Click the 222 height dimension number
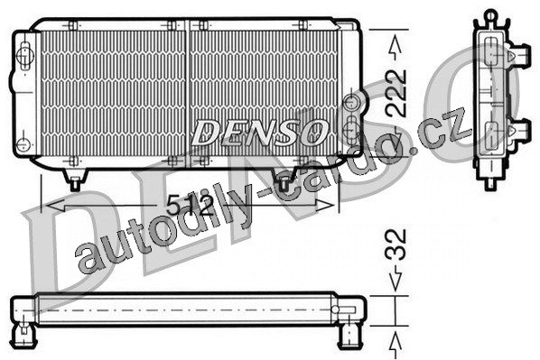[x=396, y=93]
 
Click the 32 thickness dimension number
[x=396, y=245]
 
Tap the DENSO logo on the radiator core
[x=259, y=133]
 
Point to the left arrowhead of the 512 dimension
[x=55, y=206]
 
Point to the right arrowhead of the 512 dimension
[x=325, y=206]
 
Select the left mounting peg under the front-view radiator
[x=75, y=180]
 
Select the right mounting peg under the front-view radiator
[x=283, y=180]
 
